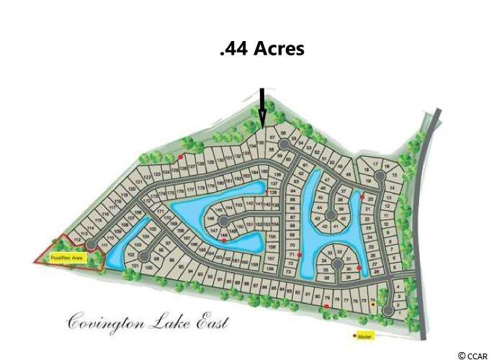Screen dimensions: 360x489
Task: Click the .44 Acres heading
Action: [x=261, y=49]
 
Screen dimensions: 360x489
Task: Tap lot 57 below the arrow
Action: [x=272, y=136]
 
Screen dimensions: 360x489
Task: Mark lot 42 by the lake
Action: [x=325, y=227]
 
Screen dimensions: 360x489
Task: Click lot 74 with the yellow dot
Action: [x=372, y=299]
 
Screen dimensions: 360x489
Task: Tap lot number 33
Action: [x=330, y=253]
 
